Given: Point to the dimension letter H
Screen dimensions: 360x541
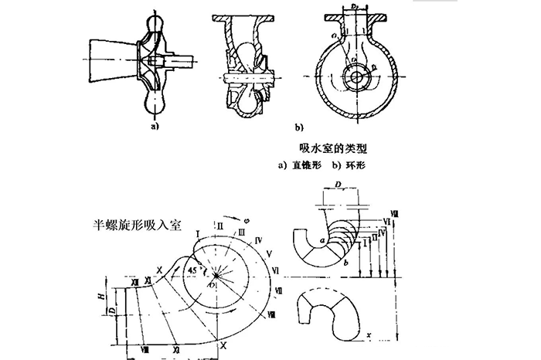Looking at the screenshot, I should tap(111, 297).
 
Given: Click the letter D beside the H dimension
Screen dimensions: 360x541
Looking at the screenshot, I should tap(111, 313).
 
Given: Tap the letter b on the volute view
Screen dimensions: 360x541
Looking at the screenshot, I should tap(346, 263).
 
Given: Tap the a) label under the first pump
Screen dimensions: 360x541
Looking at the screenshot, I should tap(154, 122).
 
